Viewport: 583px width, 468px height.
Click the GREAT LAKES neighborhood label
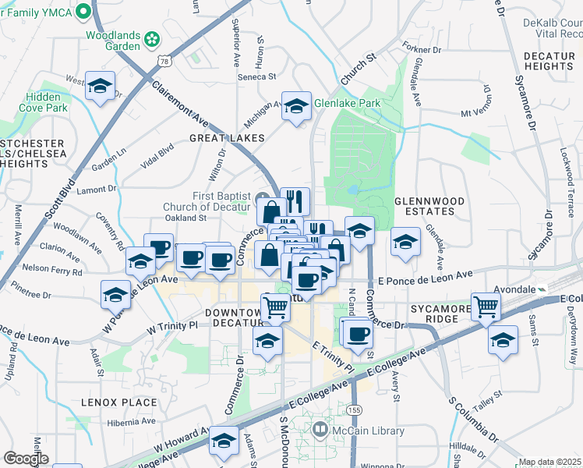227,138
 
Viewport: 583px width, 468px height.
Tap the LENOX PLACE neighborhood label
118,402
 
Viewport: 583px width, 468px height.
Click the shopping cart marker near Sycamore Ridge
486,307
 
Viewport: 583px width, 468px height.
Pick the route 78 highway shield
162,61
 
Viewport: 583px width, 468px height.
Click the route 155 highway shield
355,409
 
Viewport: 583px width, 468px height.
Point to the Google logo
26,459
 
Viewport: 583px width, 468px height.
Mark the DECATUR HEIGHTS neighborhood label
549,62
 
